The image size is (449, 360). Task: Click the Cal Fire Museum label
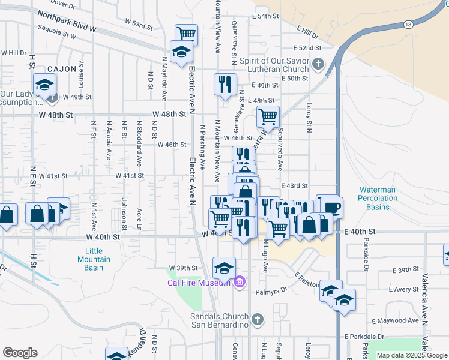199,283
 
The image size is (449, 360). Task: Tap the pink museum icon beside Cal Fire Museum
240,281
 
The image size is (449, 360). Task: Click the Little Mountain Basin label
94,259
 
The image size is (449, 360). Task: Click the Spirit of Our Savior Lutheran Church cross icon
318,64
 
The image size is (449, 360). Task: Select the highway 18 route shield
409,25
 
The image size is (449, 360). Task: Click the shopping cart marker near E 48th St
267,115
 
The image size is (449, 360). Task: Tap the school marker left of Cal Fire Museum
224,267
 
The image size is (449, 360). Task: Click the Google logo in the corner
20,353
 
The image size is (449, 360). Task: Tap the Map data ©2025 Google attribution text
411,355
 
